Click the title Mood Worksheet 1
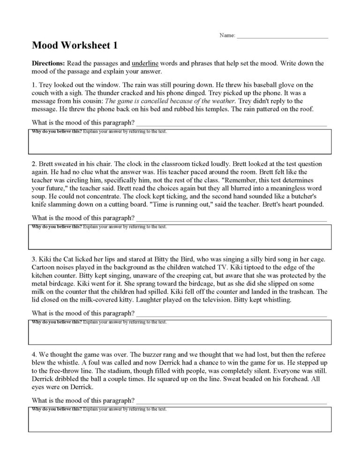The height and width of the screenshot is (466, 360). (75, 45)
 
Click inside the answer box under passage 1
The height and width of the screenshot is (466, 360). (180, 143)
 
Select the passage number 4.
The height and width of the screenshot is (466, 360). (33, 355)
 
